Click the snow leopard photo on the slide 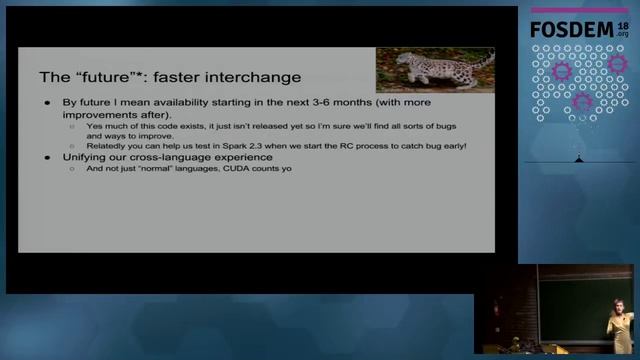[x=434, y=69]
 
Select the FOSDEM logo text [x=566, y=30]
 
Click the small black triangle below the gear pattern [x=577, y=159]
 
